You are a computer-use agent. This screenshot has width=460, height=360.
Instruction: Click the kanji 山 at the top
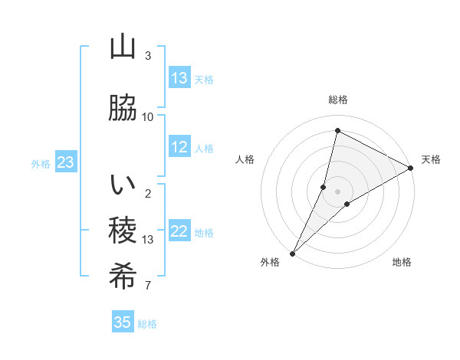tap(123, 47)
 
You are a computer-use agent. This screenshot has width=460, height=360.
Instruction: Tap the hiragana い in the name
tap(123, 185)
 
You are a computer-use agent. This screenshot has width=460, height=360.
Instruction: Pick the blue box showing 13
tap(179, 78)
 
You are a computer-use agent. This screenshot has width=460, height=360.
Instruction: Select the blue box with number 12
tap(179, 148)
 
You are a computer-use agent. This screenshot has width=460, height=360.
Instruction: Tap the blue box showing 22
tap(179, 232)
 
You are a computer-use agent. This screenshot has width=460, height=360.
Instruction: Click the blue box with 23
tap(65, 162)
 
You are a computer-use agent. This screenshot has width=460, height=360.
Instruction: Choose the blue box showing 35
tap(123, 322)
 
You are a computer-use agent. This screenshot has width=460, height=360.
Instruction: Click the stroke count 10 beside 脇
tap(148, 116)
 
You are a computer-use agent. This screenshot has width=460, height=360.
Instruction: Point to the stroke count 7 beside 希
tap(148, 286)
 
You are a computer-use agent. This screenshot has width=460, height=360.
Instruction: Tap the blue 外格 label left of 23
tap(41, 163)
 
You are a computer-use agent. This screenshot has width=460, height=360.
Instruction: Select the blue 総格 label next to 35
tap(147, 323)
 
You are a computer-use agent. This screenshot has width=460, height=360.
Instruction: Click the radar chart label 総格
tap(338, 100)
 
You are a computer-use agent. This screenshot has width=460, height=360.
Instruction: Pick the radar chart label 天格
tap(431, 159)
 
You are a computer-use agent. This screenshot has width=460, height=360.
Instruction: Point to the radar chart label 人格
tap(245, 159)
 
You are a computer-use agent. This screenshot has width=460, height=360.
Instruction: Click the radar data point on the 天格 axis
tap(411, 168)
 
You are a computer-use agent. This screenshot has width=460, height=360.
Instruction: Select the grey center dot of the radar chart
tap(338, 191)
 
